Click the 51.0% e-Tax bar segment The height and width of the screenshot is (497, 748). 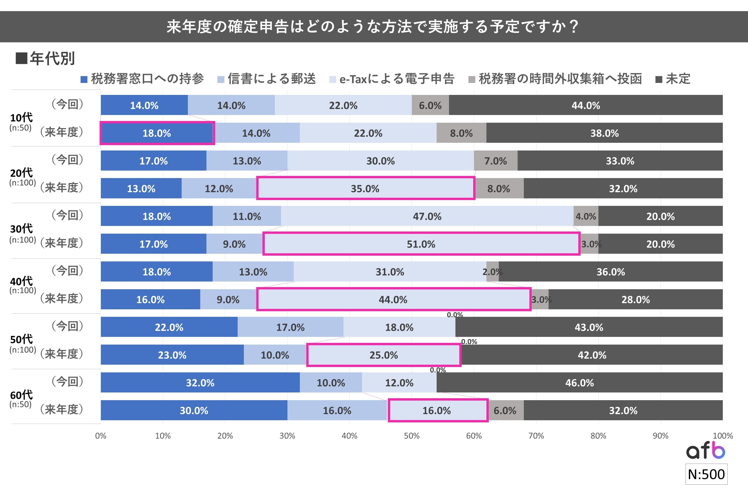(421, 244)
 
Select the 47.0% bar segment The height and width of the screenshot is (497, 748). (427, 216)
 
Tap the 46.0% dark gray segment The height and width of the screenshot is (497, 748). (579, 383)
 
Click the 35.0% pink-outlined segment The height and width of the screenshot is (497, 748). (365, 189)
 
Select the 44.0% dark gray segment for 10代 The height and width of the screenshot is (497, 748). (586, 105)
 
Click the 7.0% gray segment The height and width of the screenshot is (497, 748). (496, 161)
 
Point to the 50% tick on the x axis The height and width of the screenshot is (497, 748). (412, 436)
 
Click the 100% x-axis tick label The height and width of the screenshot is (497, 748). (722, 436)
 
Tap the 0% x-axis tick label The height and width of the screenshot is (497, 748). (101, 436)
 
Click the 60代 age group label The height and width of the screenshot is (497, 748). (21, 395)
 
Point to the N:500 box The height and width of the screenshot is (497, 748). (706, 474)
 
